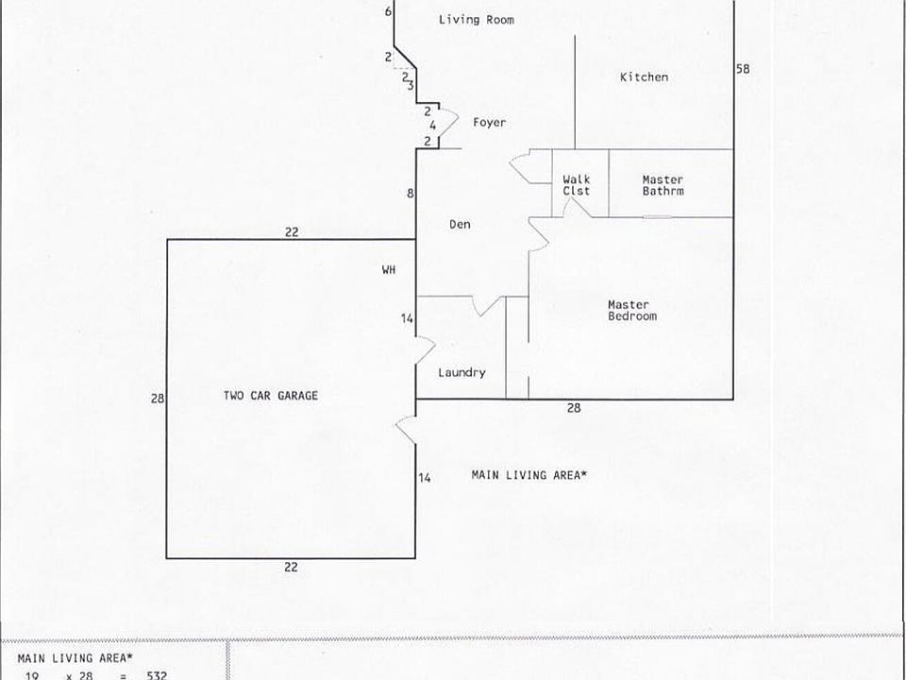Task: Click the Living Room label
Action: click(476, 19)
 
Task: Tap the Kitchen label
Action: click(644, 77)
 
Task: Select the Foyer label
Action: click(489, 123)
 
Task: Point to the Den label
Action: click(460, 225)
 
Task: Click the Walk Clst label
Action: click(576, 185)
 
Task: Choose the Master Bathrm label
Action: click(663, 185)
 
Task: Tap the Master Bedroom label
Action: click(631, 311)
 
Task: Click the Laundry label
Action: click(461, 373)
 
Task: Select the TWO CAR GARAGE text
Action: click(270, 397)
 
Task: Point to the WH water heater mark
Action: click(388, 270)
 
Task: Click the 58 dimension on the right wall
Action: click(743, 69)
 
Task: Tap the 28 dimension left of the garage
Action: click(157, 399)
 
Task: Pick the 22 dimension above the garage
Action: click(292, 231)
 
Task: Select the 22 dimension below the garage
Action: click(292, 566)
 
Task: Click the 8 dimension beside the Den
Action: click(410, 194)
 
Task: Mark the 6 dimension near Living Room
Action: click(388, 12)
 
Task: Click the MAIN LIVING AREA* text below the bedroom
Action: click(528, 476)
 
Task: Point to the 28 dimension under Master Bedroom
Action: click(573, 408)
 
